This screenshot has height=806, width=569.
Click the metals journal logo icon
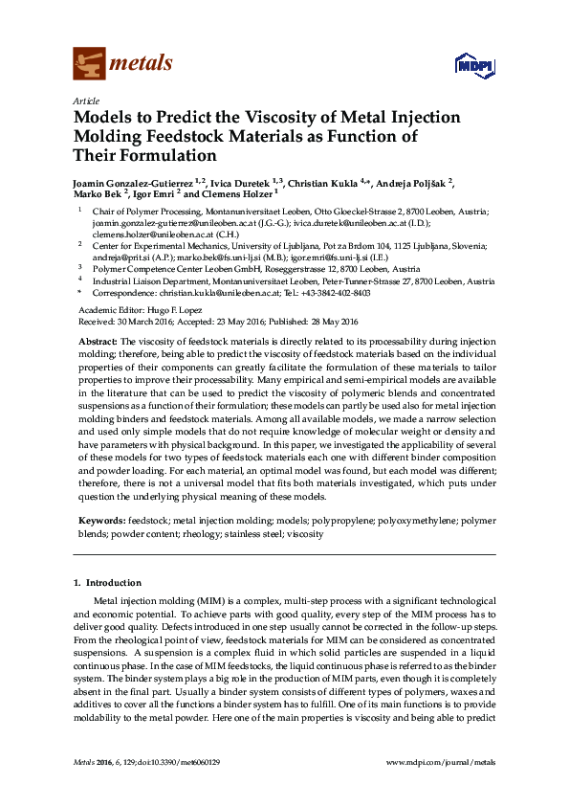click(89, 64)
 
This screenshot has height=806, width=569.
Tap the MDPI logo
click(472, 65)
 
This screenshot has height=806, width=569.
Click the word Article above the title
click(85, 100)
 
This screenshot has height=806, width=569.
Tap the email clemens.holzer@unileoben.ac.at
click(140, 233)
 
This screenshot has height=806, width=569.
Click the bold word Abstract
click(97, 341)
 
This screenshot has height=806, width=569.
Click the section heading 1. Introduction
click(107, 582)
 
